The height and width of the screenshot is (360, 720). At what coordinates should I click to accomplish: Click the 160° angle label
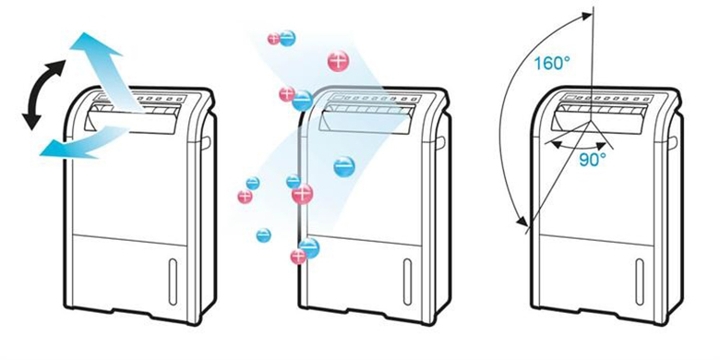(552, 65)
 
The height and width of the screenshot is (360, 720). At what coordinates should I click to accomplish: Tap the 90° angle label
(592, 158)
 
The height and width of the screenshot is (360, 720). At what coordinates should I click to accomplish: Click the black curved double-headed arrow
(42, 92)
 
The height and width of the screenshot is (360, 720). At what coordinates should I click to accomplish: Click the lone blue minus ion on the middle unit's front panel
(343, 167)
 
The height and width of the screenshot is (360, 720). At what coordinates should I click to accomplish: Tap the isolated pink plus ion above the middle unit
(339, 62)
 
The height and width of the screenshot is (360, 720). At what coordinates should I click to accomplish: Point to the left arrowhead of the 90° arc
(547, 142)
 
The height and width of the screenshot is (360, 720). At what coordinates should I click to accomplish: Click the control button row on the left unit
(161, 99)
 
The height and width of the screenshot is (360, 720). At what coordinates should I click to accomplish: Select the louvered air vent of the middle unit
(369, 115)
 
